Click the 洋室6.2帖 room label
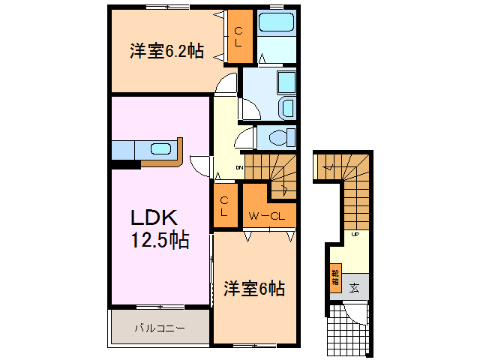(166, 51)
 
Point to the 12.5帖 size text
(160, 241)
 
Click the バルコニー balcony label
(159, 328)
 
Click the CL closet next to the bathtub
(238, 36)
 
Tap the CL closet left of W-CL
(224, 205)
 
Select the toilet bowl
(280, 138)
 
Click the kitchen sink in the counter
(160, 148)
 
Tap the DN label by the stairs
(239, 166)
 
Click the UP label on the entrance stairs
(355, 235)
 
